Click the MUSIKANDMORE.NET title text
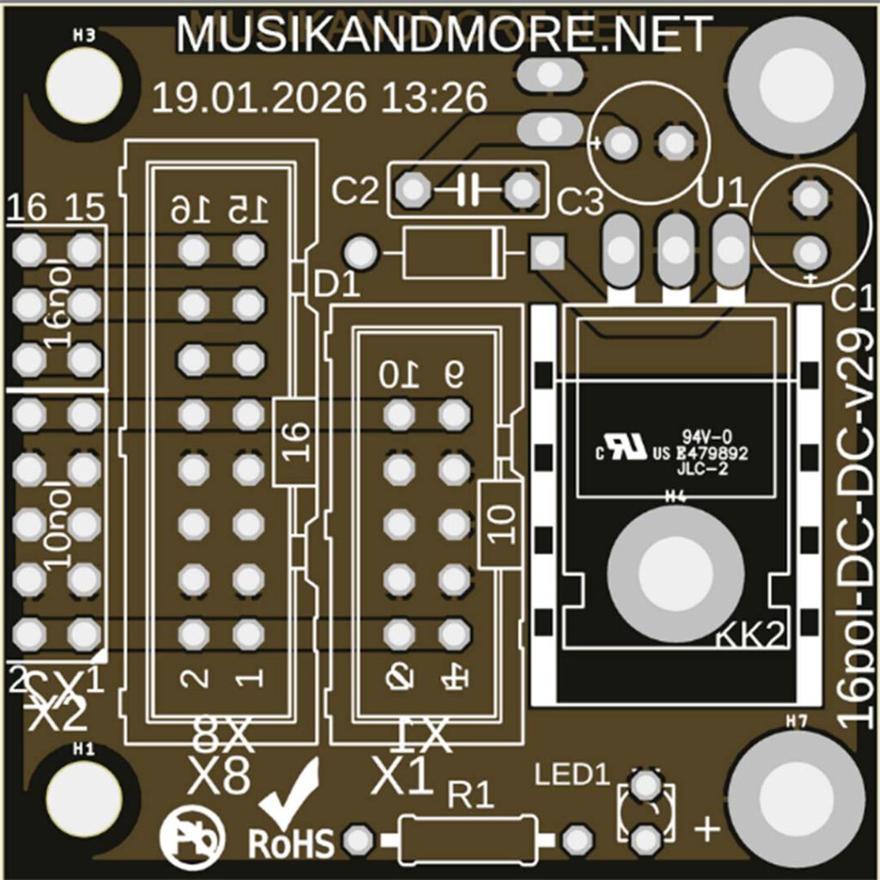(443, 34)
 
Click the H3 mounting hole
(84, 83)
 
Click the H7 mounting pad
(796, 796)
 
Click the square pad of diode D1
(545, 253)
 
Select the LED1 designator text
(571, 773)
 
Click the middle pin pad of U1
(676, 250)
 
